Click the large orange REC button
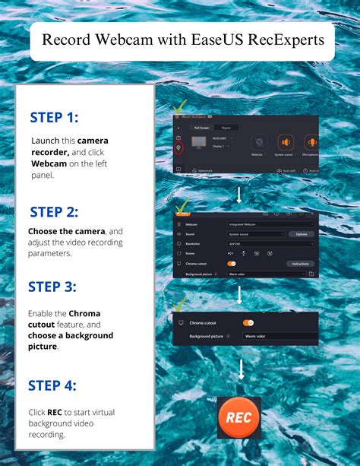[239, 417]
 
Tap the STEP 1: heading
[54, 117]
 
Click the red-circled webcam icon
[179, 149]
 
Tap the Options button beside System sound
[301, 234]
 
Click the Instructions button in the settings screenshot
[301, 263]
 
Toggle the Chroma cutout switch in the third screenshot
[248, 323]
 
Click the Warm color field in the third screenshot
[278, 335]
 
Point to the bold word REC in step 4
[54, 413]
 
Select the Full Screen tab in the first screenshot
[201, 128]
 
